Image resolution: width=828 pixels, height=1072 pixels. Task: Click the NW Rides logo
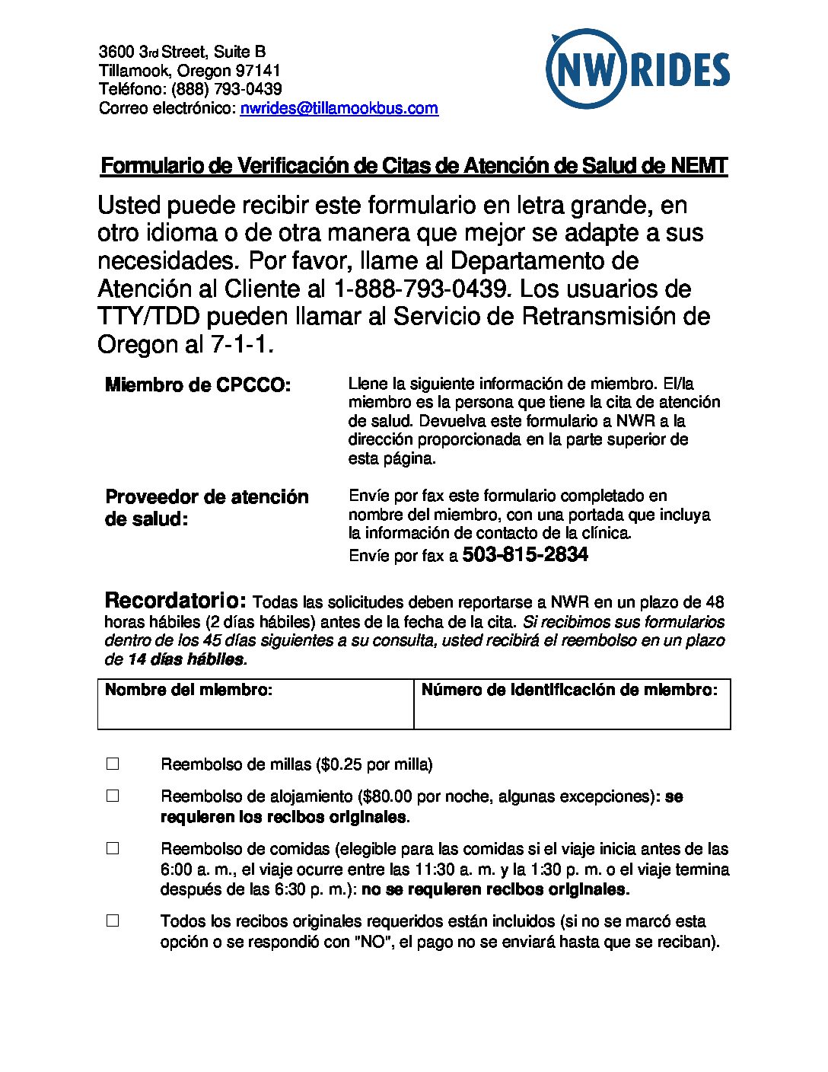point(637,69)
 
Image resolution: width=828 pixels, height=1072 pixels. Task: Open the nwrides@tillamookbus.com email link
point(339,108)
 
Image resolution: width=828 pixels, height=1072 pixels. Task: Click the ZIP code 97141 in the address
point(258,71)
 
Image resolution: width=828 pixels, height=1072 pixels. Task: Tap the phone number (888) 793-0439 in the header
point(227,89)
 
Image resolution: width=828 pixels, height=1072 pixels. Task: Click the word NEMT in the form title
point(699,166)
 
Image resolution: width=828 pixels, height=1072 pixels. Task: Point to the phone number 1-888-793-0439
point(421,289)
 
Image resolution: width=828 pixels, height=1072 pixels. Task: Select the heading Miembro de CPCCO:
point(198,385)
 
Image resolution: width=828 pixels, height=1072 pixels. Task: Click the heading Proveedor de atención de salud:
point(206,508)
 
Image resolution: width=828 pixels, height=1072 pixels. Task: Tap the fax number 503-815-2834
point(525,555)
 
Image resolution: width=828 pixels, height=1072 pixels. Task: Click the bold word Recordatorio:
point(176,600)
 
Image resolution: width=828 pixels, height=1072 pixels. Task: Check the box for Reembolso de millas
point(113,764)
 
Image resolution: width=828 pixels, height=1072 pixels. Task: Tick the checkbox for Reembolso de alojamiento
point(113,796)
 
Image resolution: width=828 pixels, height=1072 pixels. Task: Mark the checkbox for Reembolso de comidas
point(113,847)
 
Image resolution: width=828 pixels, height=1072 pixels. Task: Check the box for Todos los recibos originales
point(113,920)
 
